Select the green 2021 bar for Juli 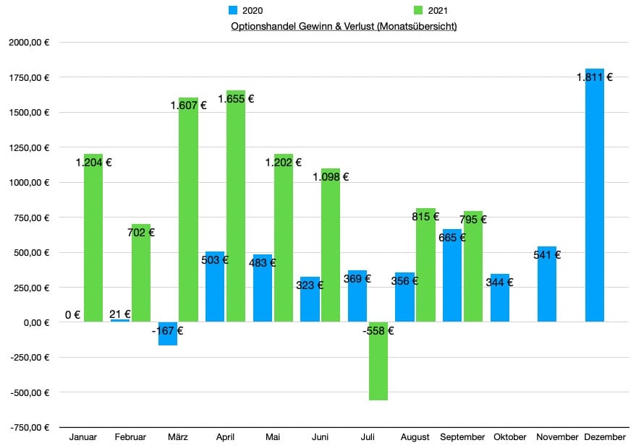tap(378, 361)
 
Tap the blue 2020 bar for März tap(168, 334)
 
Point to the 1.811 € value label tap(595, 77)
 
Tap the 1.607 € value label tap(188, 105)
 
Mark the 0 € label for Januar tap(72, 314)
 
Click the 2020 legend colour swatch tap(233, 11)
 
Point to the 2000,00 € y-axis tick tap(29, 43)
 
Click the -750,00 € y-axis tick tap(29, 428)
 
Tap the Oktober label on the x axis tap(510, 437)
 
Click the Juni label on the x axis tap(321, 437)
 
